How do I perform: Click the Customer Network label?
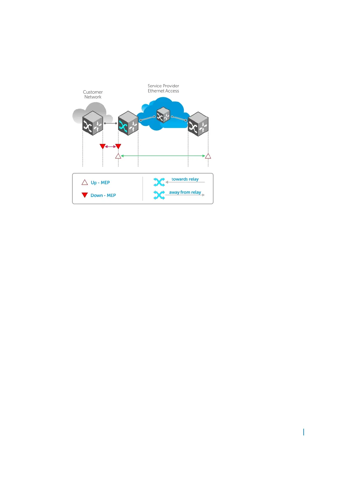(93, 95)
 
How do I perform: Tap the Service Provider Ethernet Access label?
(163, 88)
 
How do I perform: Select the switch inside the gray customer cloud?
(93, 123)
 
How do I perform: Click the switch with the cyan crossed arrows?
(128, 123)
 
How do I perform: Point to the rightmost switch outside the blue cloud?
(198, 124)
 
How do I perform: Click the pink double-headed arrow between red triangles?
(111, 147)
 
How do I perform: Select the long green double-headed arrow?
(163, 156)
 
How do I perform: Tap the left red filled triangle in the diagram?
(103, 146)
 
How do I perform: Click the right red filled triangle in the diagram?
(118, 146)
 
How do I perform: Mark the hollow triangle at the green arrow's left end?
(118, 156)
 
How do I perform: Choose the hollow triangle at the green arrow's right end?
(208, 156)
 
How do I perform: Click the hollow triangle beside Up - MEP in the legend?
(85, 182)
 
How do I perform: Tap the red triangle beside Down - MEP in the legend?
(85, 195)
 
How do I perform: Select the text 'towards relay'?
(185, 179)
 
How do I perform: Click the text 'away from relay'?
(185, 192)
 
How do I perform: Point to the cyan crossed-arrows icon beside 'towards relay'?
(159, 182)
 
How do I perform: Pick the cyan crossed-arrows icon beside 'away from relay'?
(159, 195)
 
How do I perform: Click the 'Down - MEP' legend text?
(103, 195)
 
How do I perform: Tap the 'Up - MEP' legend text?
(100, 183)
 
